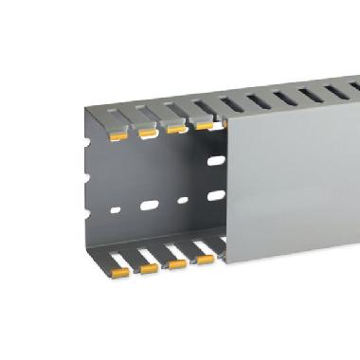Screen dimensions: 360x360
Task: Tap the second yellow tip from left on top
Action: tap(148, 132)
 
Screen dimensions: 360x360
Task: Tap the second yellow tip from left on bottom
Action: tap(148, 268)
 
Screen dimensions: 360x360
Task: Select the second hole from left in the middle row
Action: tap(150, 203)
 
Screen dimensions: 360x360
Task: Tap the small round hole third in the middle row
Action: tap(182, 200)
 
